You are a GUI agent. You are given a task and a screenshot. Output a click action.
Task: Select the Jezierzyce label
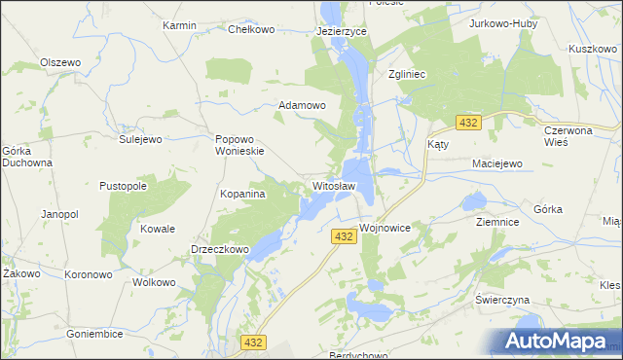tap(341, 31)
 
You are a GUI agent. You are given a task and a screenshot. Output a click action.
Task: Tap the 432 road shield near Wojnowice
tap(342, 236)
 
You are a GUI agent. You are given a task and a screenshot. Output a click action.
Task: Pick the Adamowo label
tap(302, 104)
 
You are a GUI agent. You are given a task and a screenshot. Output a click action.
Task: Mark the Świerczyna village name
tap(501, 299)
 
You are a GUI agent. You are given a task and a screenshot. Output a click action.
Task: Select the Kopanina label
tap(243, 195)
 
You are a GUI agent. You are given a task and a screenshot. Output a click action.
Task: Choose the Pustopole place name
tap(124, 185)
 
